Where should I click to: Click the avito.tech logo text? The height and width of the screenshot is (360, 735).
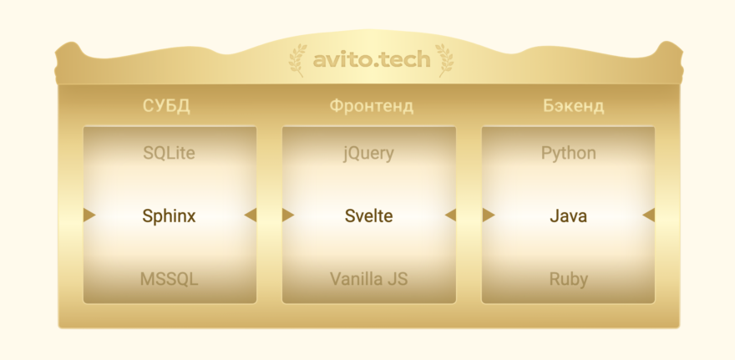372,60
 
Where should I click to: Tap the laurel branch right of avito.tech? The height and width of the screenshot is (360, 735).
444,60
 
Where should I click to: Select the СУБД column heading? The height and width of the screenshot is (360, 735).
166,106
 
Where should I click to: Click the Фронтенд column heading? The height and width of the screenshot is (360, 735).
371,106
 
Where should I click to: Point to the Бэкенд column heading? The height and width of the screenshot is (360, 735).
573,106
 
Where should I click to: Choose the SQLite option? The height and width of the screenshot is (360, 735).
169,154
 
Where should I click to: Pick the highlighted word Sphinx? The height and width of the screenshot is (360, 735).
169,215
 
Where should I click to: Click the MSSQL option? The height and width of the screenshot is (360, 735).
170,279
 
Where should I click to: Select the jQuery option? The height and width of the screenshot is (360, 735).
368,154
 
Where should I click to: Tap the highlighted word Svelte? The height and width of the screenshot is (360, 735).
368,215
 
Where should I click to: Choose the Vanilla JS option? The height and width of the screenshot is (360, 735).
368,279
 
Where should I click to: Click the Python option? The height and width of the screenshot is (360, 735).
569,154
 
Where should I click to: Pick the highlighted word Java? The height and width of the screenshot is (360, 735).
569,215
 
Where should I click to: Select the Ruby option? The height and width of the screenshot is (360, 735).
569,279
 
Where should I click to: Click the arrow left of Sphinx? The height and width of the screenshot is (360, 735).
89,215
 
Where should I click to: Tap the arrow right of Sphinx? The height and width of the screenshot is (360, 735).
249,215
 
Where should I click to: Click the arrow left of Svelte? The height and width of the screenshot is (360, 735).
288,215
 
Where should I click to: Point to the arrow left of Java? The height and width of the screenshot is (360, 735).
489,215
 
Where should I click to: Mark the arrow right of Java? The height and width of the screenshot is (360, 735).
648,215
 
